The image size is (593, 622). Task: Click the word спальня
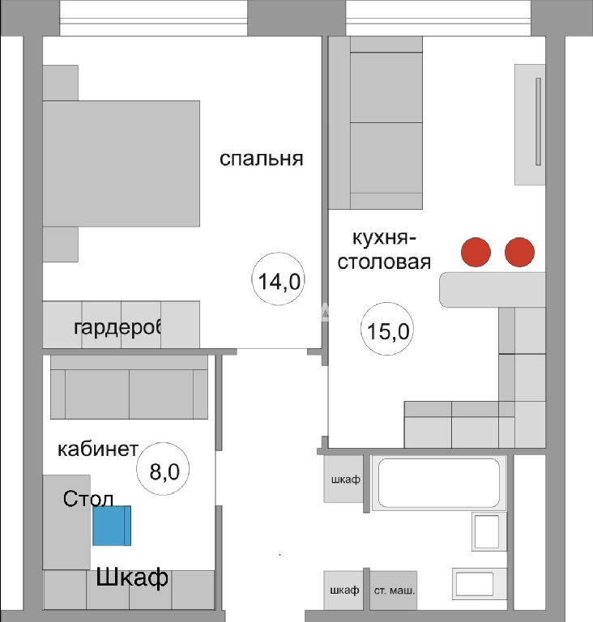(261, 159)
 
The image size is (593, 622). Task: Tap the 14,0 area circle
(279, 279)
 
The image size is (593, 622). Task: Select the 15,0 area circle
(387, 329)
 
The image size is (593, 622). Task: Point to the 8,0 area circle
(163, 469)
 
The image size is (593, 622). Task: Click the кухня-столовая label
(384, 250)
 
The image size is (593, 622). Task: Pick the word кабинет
(98, 449)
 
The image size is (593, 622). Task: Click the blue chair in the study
(112, 526)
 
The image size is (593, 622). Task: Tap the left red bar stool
(476, 252)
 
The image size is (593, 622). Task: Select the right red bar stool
(519, 252)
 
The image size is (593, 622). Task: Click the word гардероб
(118, 328)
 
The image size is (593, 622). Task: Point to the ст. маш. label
(395, 590)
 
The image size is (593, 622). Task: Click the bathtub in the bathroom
(439, 483)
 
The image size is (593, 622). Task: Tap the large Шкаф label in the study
(132, 577)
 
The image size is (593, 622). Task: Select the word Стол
(88, 499)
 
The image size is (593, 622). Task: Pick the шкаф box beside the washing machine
(343, 590)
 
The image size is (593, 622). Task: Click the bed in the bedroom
(121, 164)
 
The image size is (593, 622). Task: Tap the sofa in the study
(129, 387)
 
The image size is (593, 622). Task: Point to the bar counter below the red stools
(493, 290)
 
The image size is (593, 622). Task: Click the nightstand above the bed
(60, 83)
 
